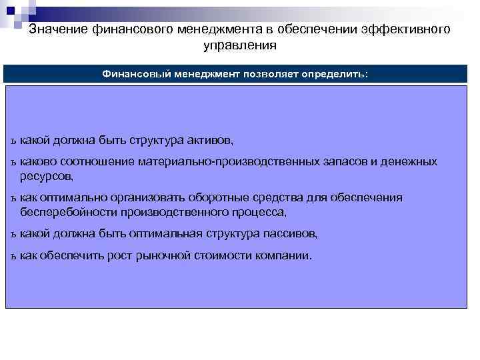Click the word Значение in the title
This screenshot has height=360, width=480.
point(56,29)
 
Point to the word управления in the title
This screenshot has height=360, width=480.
point(239,46)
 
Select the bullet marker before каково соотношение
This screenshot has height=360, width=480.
point(13,162)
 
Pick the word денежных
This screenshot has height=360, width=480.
point(410,161)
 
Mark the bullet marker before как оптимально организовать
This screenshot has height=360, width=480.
point(13,199)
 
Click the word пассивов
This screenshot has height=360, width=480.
point(292,234)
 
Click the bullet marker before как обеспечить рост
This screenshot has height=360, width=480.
point(13,256)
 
